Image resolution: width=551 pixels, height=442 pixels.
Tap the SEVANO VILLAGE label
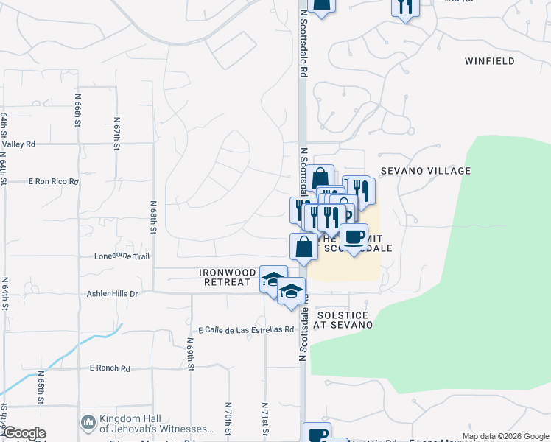(x=426, y=171)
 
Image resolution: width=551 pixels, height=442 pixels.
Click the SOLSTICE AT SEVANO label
(x=344, y=320)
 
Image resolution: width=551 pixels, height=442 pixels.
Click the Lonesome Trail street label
(x=122, y=256)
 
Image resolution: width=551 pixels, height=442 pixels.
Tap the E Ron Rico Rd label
(x=53, y=180)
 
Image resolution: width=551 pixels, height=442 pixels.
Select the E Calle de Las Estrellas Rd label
(x=246, y=330)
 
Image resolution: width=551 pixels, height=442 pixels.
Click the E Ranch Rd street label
(x=109, y=368)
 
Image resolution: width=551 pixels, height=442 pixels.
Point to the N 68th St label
(x=153, y=217)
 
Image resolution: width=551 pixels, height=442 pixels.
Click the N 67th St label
(x=116, y=133)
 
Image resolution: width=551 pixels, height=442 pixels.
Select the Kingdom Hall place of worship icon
(x=88, y=423)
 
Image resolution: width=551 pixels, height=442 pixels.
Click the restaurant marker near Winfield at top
(x=404, y=6)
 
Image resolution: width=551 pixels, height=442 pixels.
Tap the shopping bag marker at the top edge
(x=321, y=4)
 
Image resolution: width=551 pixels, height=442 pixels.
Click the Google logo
(x=24, y=433)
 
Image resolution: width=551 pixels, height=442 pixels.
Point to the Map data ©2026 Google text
(x=504, y=436)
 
